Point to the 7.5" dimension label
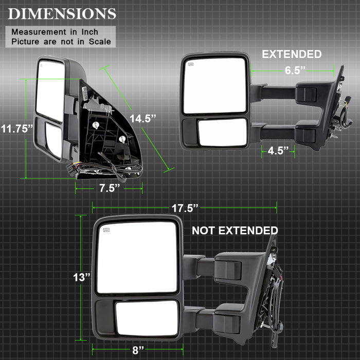click(109, 188)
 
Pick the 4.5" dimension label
click(278, 151)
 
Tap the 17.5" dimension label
click(185, 208)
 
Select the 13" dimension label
click(81, 277)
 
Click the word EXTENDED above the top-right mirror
click(292, 54)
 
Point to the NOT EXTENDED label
click(235, 230)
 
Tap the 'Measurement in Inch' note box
click(62, 36)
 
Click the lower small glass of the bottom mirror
click(146, 318)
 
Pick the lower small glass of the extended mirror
click(222, 132)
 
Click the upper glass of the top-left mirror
click(50, 91)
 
